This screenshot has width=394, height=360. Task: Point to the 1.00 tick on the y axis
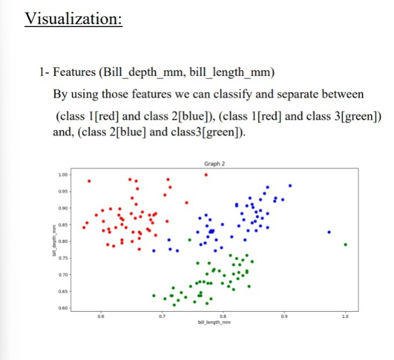64,174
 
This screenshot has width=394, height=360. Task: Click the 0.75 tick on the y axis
64,258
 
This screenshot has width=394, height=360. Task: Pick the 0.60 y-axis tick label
64,309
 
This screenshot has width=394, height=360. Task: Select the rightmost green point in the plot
345,245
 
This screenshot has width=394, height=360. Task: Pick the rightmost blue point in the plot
329,232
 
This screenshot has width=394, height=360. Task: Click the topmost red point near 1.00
206,175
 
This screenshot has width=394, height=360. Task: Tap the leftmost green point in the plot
154,296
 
